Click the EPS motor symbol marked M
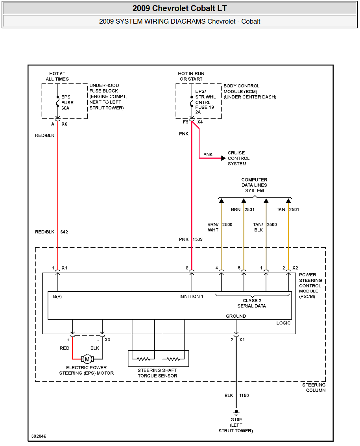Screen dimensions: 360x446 pos(87,359)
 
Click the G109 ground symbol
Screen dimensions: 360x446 pos(236,413)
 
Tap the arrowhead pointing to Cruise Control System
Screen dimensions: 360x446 pos(223,158)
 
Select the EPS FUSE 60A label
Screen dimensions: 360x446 pos(67,102)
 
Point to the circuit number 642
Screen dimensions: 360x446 pos(64,232)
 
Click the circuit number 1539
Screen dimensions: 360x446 pos(198,239)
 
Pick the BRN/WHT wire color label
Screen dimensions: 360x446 pos(213,227)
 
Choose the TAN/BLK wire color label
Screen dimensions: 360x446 pos(258,227)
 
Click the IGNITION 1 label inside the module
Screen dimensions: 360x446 pos(191,296)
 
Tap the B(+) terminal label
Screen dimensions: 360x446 pos(57,296)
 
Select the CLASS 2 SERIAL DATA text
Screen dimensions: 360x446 pos(252,303)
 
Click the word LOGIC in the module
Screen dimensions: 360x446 pos(284,323)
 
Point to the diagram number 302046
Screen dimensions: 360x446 pos(39,436)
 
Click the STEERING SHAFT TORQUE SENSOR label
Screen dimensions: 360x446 pos(157,373)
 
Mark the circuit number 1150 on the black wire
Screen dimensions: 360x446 pos(244,395)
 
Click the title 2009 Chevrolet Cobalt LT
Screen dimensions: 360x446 pos(180,8)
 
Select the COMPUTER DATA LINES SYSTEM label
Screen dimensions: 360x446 pos(254,185)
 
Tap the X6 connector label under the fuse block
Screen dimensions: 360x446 pos(65,124)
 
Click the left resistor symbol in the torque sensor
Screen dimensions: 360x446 pos(144,359)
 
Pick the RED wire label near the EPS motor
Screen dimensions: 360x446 pos(65,348)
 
